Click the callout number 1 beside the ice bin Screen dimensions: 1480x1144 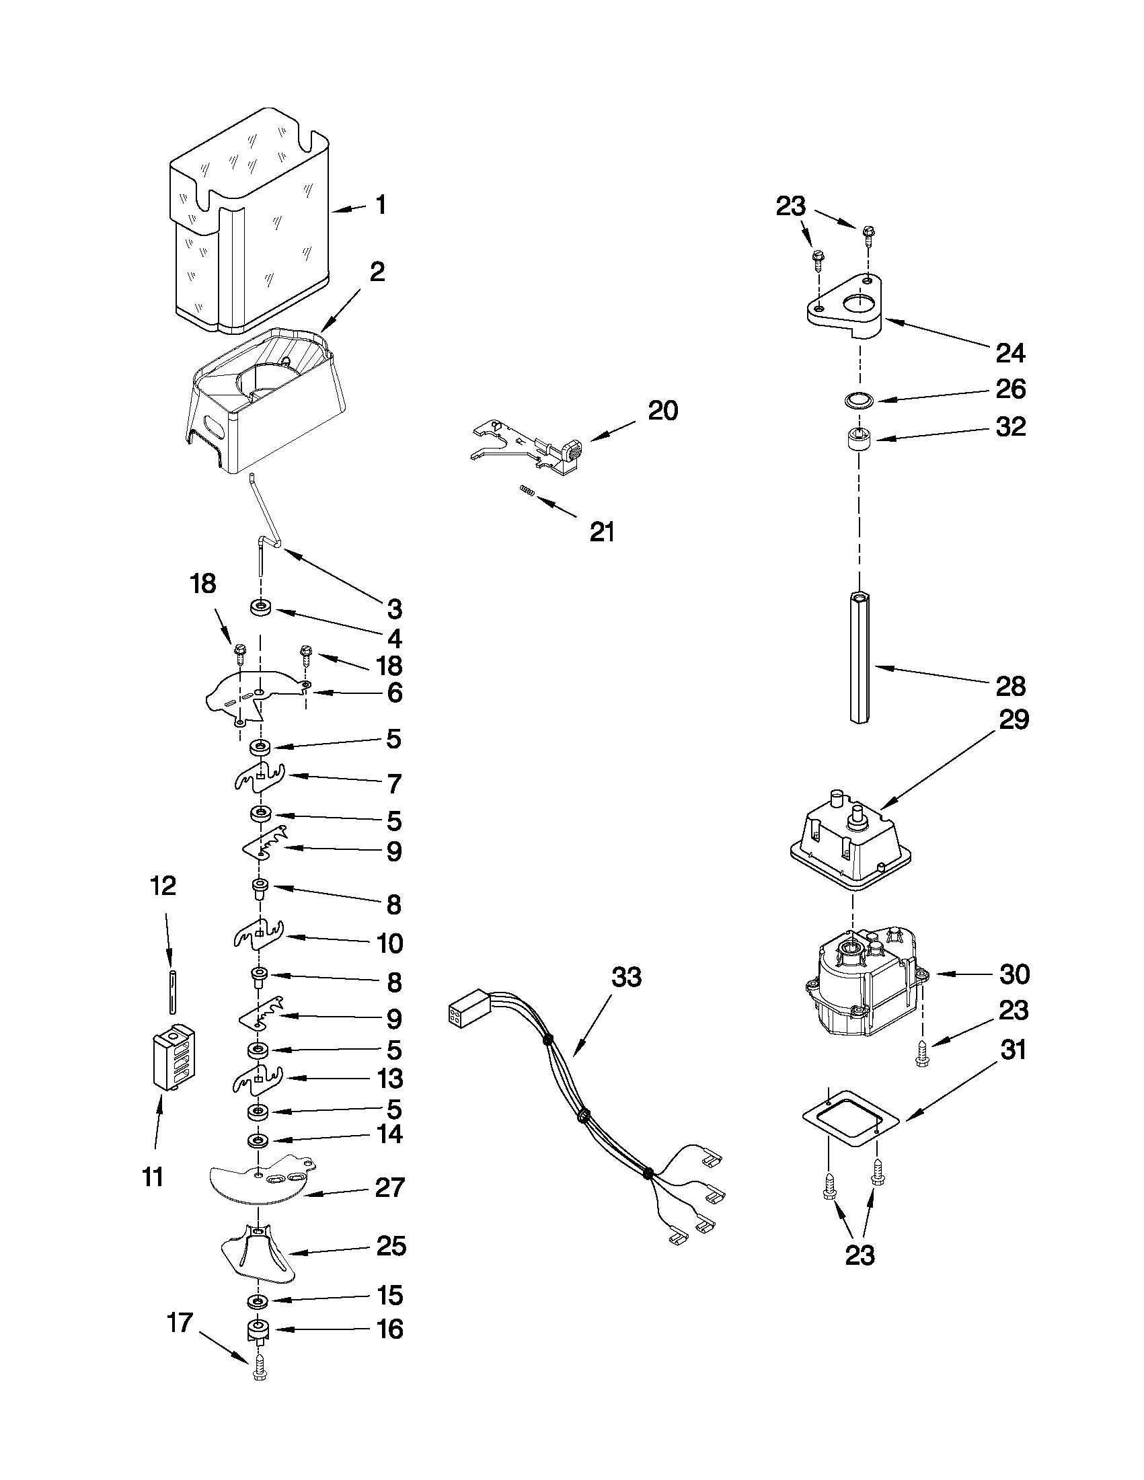pyautogui.click(x=381, y=204)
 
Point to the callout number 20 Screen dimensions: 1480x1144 pyautogui.click(x=662, y=411)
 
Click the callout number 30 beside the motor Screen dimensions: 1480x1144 pyautogui.click(x=1015, y=974)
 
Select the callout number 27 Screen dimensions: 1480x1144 pyautogui.click(x=389, y=1187)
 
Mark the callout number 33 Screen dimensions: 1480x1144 pyautogui.click(x=626, y=977)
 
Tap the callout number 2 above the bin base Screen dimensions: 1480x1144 pyautogui.click(x=377, y=272)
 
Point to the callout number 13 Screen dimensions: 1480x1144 pyautogui.click(x=389, y=1079)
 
